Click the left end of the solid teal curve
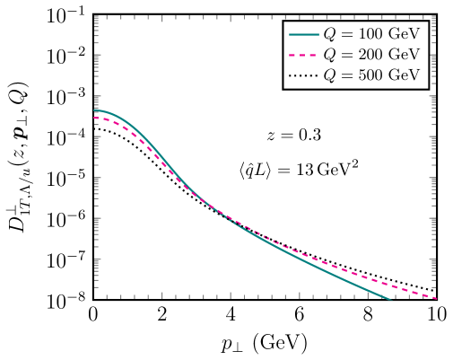tap(95, 111)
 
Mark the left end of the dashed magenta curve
tap(95, 118)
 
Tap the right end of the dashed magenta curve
tap(436, 298)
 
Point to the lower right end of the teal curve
tap(390, 299)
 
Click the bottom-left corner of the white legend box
tap(283, 88)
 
